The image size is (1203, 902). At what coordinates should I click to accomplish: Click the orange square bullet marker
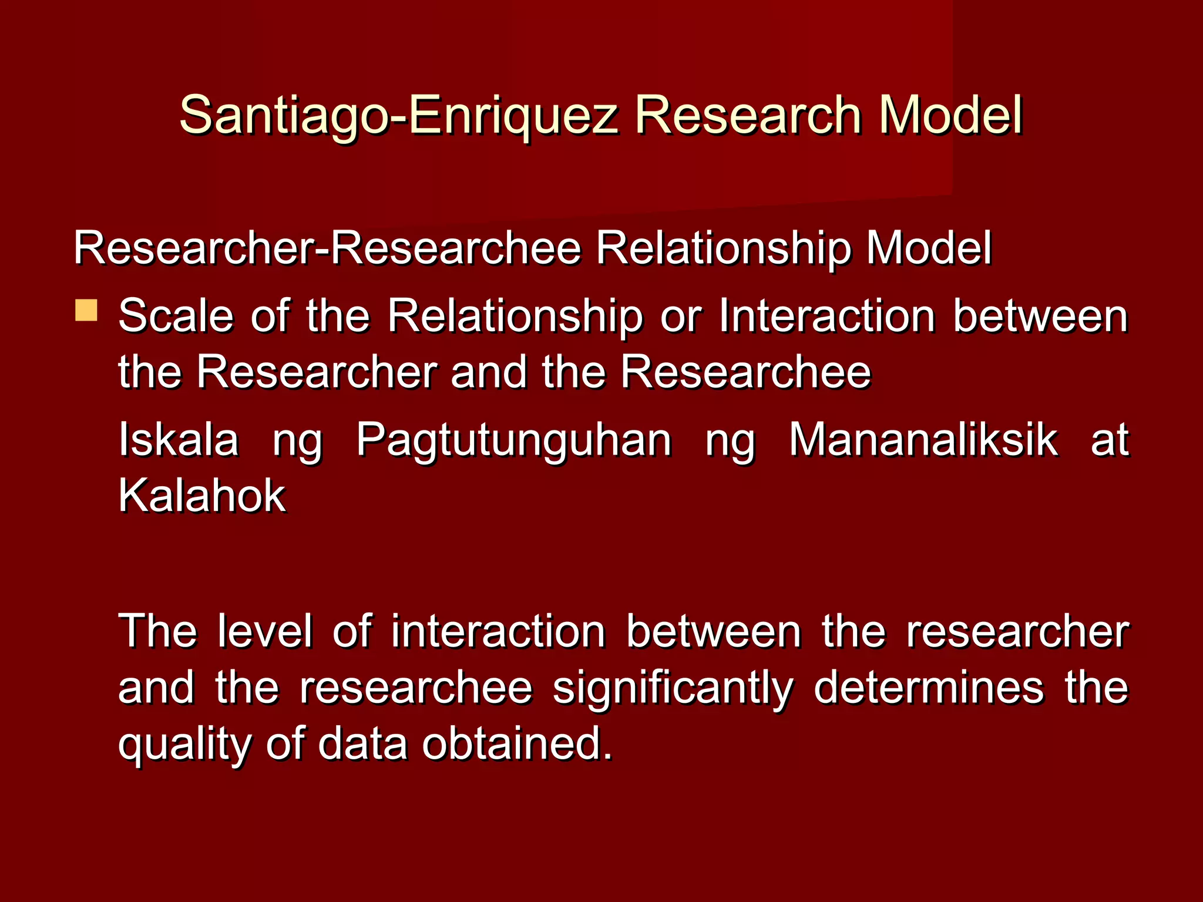tap(86, 310)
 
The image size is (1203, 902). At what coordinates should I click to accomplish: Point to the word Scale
tap(176, 316)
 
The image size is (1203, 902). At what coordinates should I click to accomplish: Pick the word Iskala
tap(179, 439)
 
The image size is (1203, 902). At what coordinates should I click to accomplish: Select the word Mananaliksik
tap(923, 439)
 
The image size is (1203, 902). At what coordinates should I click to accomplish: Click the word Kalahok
tap(201, 496)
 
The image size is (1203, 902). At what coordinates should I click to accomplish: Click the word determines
tap(929, 687)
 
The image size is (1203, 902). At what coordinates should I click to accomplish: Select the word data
tap(362, 743)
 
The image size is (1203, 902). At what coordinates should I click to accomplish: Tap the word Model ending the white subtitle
tap(929, 248)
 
